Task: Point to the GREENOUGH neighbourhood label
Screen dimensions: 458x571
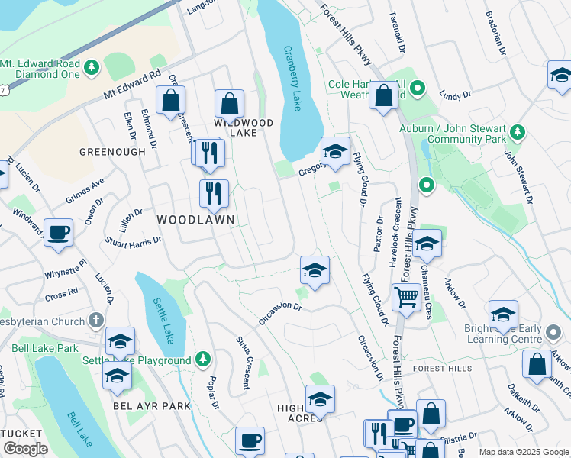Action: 111,152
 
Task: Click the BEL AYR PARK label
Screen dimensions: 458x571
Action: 151,406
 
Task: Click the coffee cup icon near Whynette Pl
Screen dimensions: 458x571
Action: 58,232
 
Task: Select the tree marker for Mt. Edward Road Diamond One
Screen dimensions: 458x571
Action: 92,68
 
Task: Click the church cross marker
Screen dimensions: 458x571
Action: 95,321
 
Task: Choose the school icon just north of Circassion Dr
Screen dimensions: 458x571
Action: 314,270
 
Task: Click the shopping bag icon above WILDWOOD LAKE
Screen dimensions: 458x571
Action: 229,102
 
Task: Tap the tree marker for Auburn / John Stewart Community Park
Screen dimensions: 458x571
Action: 518,133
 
